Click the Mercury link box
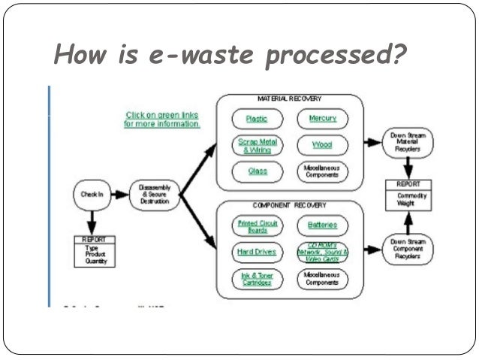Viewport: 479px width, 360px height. [323, 119]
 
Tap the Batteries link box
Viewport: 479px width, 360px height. [323, 225]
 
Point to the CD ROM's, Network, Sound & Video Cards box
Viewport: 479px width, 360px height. [323, 252]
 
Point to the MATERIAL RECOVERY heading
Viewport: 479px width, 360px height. [286, 99]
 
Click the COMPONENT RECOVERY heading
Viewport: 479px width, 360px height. [289, 205]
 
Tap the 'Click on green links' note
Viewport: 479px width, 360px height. [162, 119]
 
